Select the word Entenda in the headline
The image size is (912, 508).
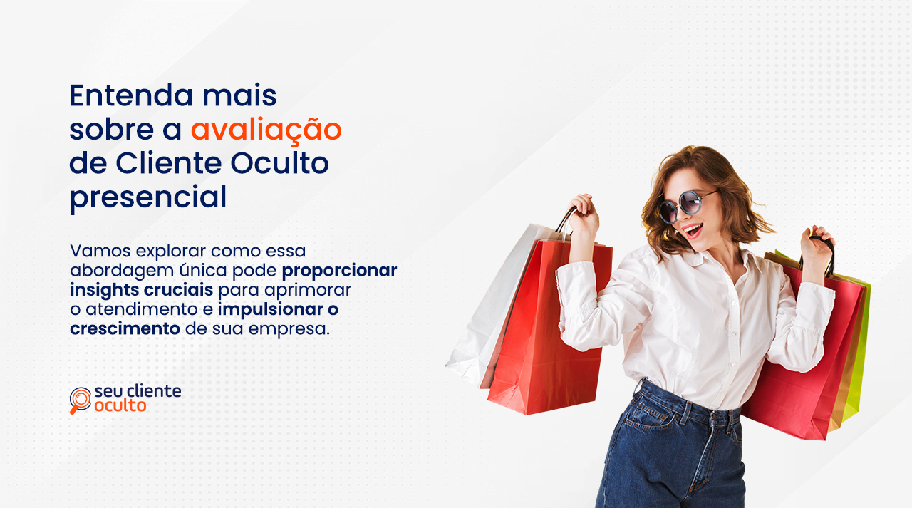click(131, 95)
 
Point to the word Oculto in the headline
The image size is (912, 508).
click(280, 163)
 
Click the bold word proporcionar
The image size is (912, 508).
click(340, 271)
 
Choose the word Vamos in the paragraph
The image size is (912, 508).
click(100, 251)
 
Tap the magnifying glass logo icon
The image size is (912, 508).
click(81, 400)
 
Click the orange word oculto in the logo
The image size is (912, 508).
click(120, 405)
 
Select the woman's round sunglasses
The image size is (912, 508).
click(684, 206)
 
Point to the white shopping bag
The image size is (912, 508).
click(497, 305)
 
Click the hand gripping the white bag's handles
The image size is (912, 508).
click(583, 214)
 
